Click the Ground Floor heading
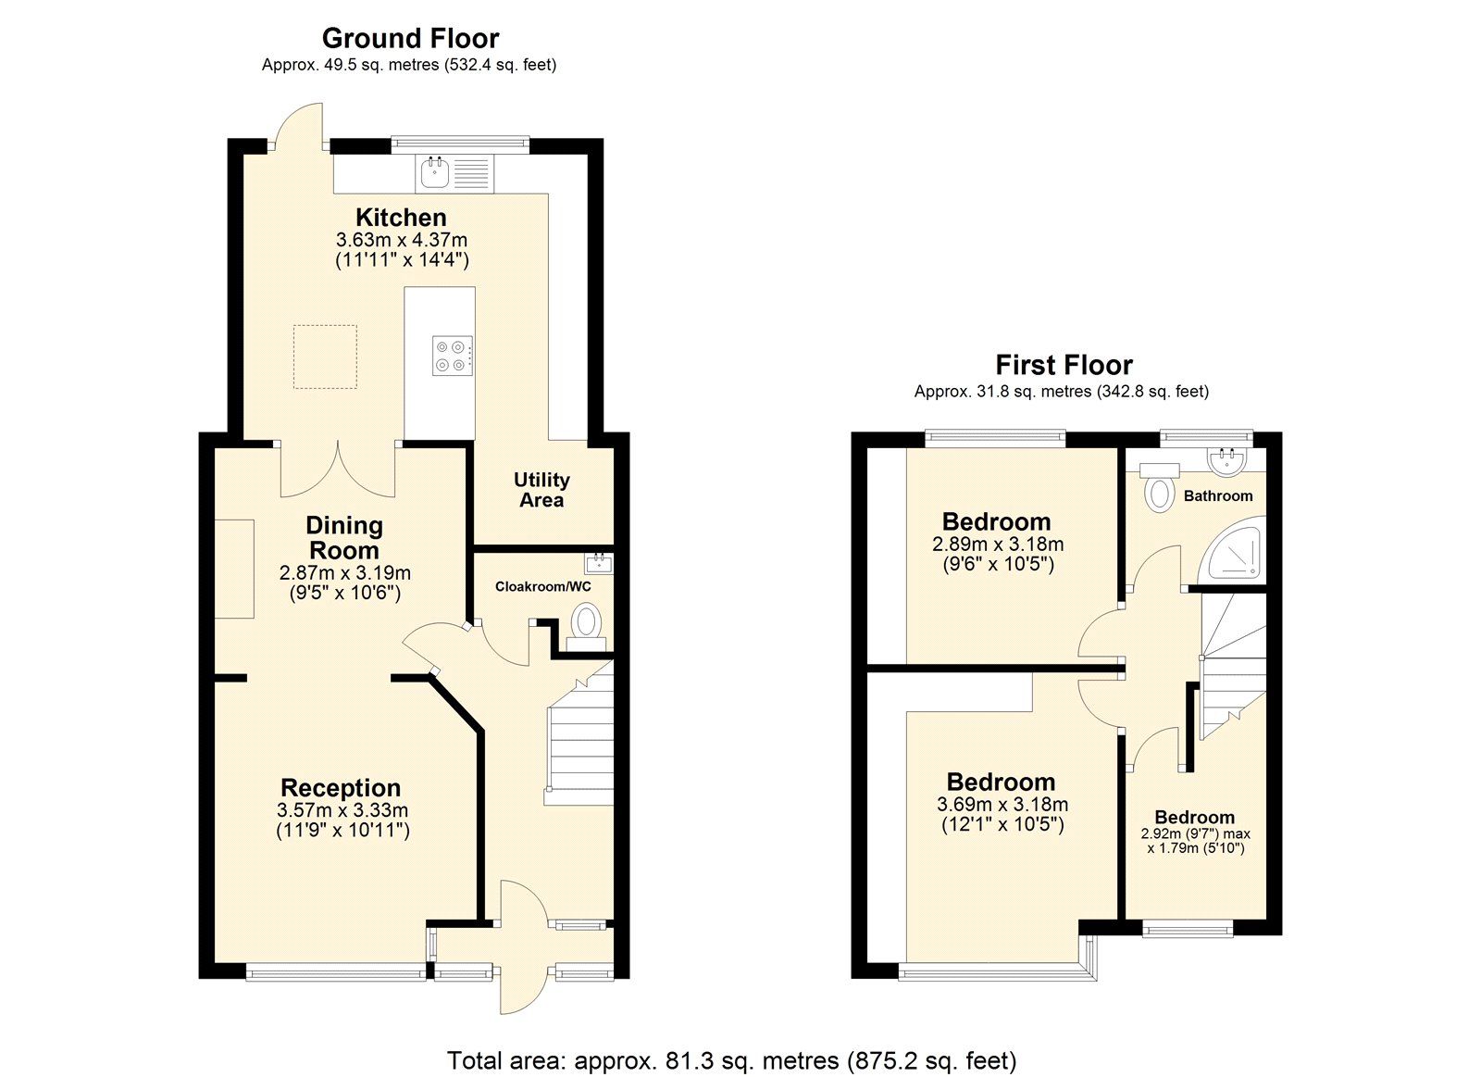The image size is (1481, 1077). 410,38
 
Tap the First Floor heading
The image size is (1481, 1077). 1064,365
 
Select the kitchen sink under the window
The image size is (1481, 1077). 433,172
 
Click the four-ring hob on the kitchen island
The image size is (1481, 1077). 453,355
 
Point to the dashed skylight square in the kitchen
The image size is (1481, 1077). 325,356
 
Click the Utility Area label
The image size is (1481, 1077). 541,490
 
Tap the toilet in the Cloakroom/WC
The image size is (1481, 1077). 586,621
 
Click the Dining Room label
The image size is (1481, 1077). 344,537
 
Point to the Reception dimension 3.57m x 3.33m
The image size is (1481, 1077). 342,810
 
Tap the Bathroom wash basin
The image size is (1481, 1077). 1229,457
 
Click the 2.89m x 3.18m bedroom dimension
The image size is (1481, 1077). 997,545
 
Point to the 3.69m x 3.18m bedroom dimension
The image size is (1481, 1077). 1002,805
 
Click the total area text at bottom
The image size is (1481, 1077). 731,1059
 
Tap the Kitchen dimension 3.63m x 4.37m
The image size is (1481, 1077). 402,240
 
